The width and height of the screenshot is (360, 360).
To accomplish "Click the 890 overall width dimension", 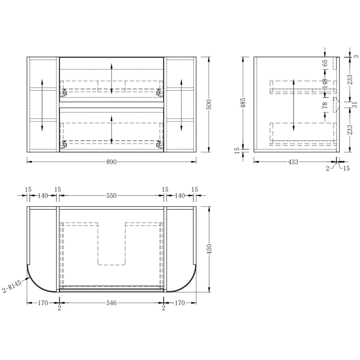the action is tap(112, 162).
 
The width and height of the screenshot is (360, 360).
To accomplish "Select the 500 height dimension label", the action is tap(209, 104).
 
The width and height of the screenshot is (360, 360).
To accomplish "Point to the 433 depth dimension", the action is tap(293, 162).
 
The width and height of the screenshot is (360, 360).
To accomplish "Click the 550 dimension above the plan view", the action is tap(112, 195).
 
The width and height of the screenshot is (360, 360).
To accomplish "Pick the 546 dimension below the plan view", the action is tap(112, 303).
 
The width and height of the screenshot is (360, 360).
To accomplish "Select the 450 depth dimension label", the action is tap(209, 249).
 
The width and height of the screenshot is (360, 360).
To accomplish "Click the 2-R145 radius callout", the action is tap(12, 286).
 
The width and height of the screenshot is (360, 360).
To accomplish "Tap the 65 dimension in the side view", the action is tap(325, 63).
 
